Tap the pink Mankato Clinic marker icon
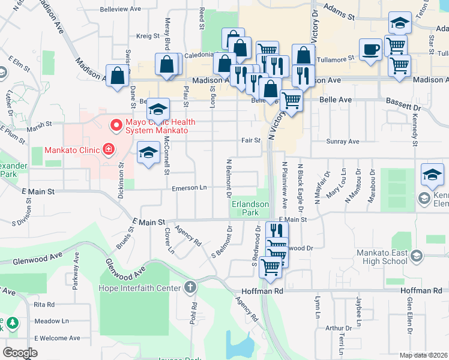tap(108, 149)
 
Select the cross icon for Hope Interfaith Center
tap(190, 288)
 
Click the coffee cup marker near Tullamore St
tap(370, 49)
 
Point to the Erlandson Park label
tap(250, 208)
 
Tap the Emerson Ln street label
tap(189, 188)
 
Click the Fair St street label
tap(250, 140)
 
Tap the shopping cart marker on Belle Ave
tap(291, 100)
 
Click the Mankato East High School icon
tap(417, 257)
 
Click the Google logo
tap(20, 353)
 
